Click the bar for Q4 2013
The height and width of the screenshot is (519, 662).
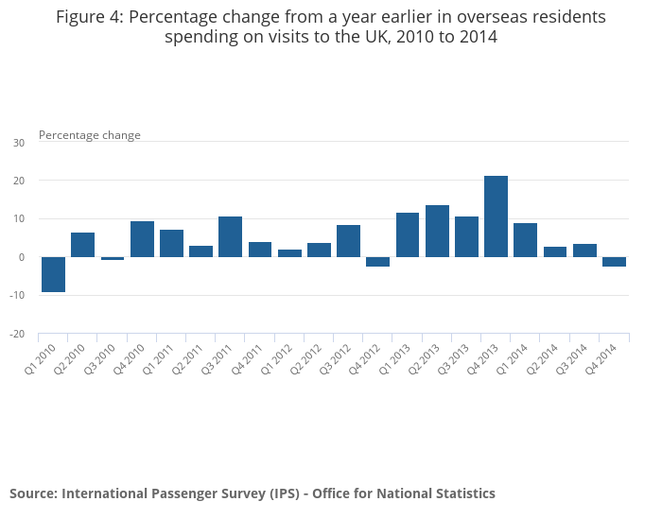496,216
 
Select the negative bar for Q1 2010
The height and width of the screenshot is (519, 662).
53,274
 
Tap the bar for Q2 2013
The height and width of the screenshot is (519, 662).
437,231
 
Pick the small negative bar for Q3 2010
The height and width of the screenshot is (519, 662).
113,258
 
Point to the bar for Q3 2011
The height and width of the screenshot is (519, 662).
230,236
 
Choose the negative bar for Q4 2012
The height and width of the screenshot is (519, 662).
377,262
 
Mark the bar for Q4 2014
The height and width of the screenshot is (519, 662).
614,262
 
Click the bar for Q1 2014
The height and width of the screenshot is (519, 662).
525,240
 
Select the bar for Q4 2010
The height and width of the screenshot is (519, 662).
142,239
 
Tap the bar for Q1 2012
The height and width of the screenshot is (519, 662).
289,253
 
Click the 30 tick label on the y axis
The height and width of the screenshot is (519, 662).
19,143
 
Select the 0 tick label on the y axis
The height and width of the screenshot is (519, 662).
22,257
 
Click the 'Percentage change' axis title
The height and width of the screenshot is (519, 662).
90,135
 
